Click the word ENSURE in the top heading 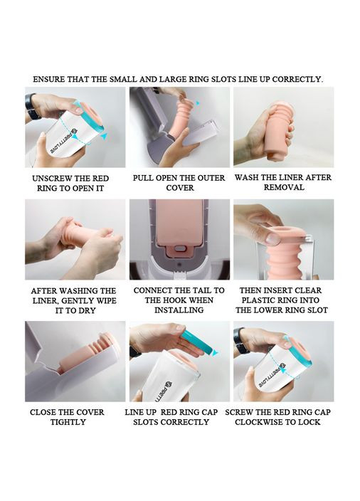pos(48,79)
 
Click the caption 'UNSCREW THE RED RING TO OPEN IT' pos(70,183)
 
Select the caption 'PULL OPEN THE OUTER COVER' pos(179,183)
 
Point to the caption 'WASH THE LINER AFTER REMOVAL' pos(283,182)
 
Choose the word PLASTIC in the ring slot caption pos(260,300)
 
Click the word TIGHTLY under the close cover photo pos(68,422)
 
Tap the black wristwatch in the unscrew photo pos(31,107)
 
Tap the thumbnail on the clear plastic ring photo pos(272,239)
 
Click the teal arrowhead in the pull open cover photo pos(198,103)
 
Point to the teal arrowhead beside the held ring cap pos(216,353)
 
